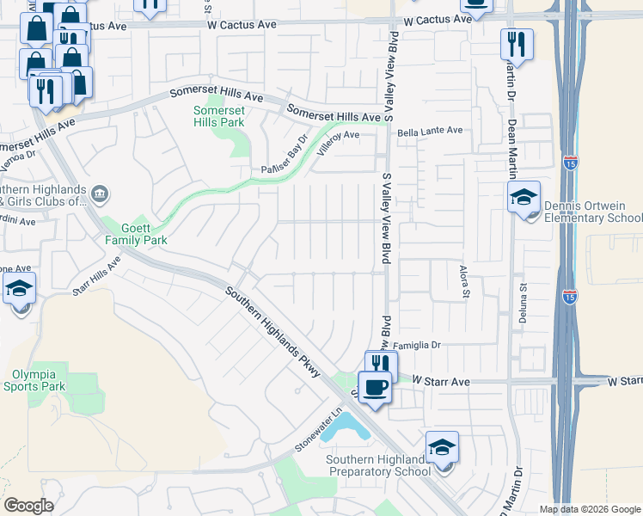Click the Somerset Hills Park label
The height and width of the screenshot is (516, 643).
click(x=218, y=116)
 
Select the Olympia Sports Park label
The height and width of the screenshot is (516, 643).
click(x=39, y=380)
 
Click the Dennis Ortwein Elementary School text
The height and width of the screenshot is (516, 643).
click(x=593, y=212)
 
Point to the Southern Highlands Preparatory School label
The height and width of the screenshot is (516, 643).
click(x=378, y=465)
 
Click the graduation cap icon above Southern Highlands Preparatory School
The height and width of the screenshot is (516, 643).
click(x=442, y=448)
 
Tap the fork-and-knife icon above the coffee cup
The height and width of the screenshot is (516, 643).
click(x=381, y=365)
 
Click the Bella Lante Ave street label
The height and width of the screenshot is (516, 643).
click(x=430, y=131)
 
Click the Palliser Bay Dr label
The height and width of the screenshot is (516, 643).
click(x=285, y=158)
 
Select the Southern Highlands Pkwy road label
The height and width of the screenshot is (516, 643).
click(x=273, y=332)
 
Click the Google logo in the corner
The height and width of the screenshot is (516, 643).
click(x=28, y=506)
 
